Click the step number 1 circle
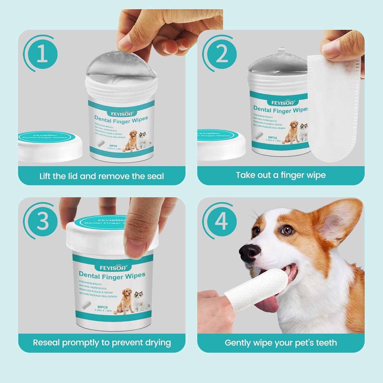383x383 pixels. click(x=42, y=54)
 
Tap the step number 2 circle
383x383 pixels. click(x=222, y=54)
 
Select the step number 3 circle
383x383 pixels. click(x=42, y=221)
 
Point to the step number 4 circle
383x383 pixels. click(x=221, y=221)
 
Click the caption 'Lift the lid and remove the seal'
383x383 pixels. click(x=102, y=176)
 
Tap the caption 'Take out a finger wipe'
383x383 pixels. click(x=281, y=175)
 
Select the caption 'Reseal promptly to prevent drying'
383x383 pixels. click(x=102, y=342)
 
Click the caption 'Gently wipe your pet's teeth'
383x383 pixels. click(x=281, y=343)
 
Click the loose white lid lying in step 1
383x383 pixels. click(x=50, y=146)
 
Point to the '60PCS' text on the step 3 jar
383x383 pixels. click(x=102, y=307)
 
